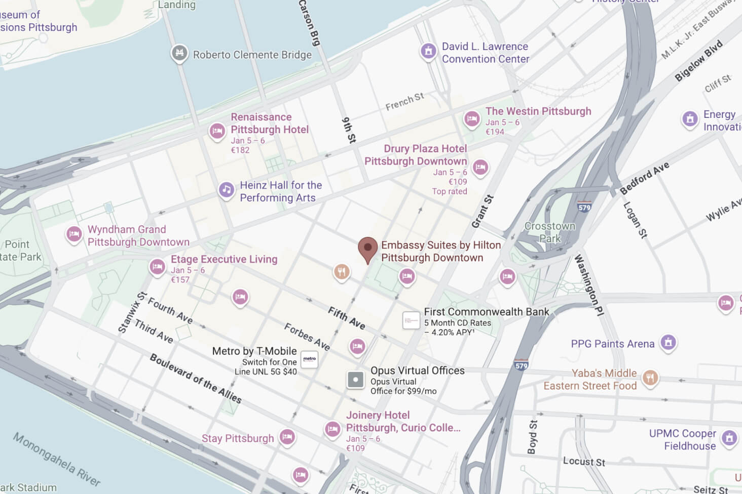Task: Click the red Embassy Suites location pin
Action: (x=367, y=249)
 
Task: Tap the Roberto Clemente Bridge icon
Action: (x=179, y=54)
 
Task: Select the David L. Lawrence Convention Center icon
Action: (x=428, y=51)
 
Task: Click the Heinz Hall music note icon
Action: (x=226, y=190)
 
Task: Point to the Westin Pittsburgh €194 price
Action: (x=495, y=132)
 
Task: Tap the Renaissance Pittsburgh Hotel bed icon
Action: (x=217, y=131)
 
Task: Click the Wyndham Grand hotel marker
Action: (x=74, y=234)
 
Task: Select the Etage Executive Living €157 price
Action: (x=180, y=280)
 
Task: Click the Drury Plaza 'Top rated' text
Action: (x=450, y=191)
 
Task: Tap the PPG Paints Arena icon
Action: (x=668, y=343)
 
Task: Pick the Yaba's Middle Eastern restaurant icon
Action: (x=650, y=378)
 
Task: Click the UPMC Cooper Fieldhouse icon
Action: (x=729, y=438)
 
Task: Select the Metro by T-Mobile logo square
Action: (x=309, y=359)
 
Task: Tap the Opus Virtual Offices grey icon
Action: (x=355, y=380)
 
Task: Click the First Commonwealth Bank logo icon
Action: (x=411, y=320)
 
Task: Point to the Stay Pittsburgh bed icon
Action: (x=287, y=437)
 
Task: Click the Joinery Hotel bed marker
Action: (x=332, y=429)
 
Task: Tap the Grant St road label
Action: (x=482, y=211)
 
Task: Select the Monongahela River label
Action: (x=56, y=459)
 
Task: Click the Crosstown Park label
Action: (x=550, y=232)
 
